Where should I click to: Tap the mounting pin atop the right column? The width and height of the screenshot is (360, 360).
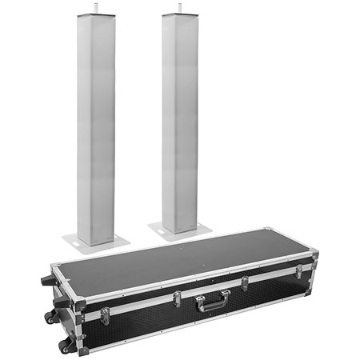[x=179, y=8]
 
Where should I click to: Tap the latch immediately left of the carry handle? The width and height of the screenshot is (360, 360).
[x=177, y=299]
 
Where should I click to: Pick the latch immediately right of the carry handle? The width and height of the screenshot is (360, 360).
[x=244, y=283]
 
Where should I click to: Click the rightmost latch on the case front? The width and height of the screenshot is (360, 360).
[x=298, y=270]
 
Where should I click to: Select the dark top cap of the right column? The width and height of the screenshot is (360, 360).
[x=179, y=14]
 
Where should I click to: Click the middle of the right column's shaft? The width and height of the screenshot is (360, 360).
[x=179, y=120]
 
